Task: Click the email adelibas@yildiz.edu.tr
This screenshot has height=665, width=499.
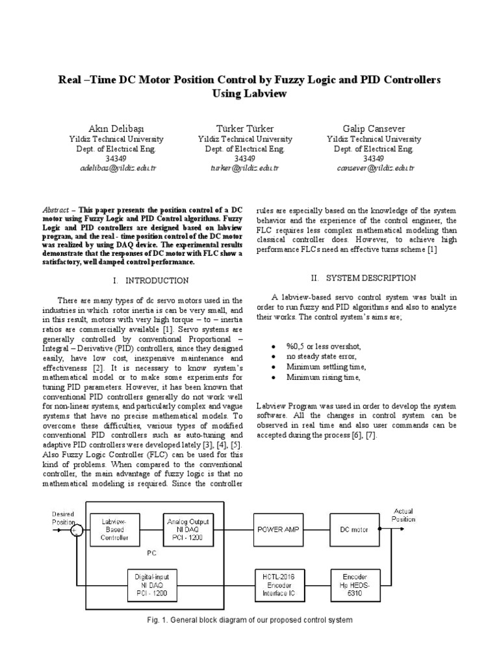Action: [116, 168]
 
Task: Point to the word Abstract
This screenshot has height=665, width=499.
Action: [55, 211]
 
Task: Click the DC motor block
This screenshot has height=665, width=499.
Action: [354, 529]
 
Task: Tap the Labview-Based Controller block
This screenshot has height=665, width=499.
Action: [118, 529]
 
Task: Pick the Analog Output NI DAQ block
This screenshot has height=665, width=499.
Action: [186, 529]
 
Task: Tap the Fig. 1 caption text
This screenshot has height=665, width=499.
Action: [249, 620]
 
